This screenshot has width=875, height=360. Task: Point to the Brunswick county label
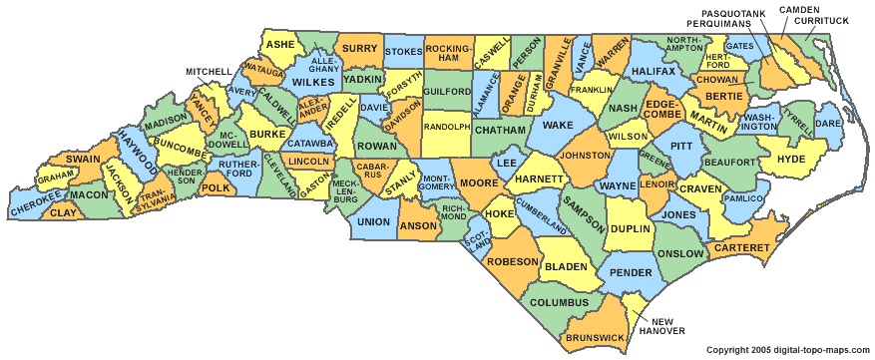[595, 338]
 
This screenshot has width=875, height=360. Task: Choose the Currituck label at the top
[823, 20]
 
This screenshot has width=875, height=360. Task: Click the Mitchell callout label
[209, 72]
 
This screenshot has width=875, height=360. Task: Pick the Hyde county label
[789, 159]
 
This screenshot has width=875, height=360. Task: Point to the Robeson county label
[513, 261]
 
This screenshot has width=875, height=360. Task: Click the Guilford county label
[446, 91]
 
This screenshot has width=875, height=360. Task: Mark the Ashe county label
[280, 45]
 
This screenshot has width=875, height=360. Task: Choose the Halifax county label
[653, 72]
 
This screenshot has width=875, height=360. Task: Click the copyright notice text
[787, 350]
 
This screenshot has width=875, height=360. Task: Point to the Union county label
[372, 221]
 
